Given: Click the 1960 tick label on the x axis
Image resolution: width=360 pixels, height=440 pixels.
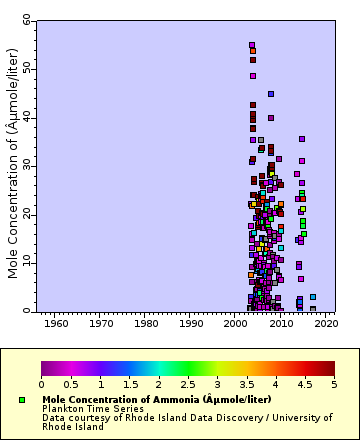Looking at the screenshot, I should [56, 324].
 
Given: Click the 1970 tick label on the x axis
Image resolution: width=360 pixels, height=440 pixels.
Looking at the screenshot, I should [101, 324].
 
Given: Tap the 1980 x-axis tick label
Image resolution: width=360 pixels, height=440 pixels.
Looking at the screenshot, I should [146, 324].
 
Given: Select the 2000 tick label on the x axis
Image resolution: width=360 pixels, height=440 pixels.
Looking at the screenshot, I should [236, 324].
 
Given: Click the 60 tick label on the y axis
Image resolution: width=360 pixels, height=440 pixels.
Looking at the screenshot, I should [26, 19].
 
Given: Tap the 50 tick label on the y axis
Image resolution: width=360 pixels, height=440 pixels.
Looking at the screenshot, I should [26, 68].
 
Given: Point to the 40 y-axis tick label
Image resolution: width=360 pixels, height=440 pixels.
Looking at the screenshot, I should [26, 117].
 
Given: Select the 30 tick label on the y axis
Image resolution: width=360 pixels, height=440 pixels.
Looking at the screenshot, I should [26, 165].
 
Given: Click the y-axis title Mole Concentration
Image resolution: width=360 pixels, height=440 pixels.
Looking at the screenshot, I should [13, 165].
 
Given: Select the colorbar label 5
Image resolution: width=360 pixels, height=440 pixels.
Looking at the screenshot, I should [334, 384].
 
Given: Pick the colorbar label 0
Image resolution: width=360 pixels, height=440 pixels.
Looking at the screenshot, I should [41, 384].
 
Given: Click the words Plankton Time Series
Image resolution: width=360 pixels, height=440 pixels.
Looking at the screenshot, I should [85, 408].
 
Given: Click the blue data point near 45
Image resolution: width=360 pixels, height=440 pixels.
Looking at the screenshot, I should [271, 94].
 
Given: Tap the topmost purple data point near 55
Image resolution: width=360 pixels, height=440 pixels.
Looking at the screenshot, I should [252, 45].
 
